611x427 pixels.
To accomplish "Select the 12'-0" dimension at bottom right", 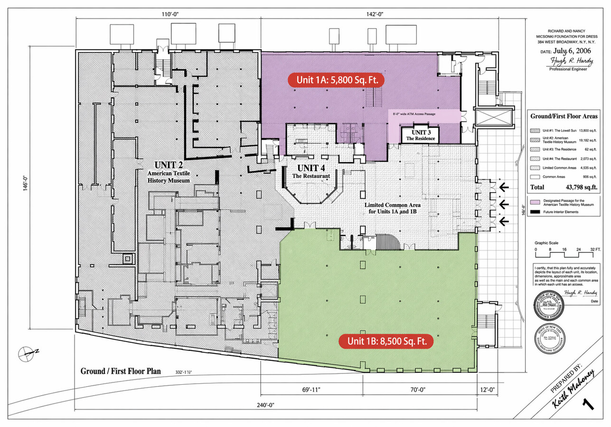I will point(487,390).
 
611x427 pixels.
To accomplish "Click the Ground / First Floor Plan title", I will point(121,371).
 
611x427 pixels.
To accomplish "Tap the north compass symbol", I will point(27,353).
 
